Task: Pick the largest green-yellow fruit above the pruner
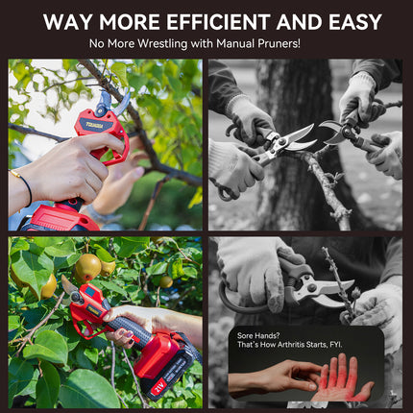88,265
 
